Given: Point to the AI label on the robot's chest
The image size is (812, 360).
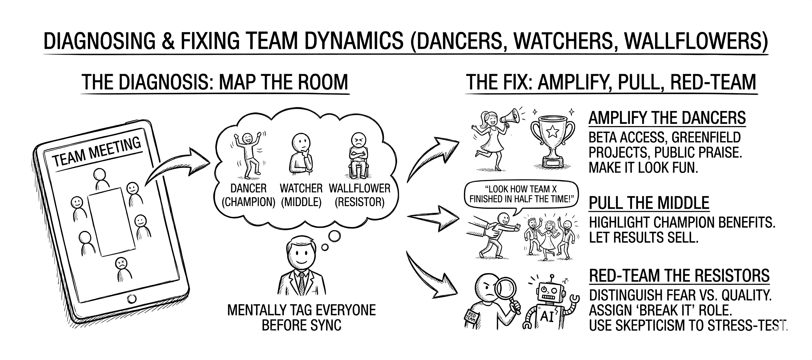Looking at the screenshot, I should pyautogui.click(x=547, y=317).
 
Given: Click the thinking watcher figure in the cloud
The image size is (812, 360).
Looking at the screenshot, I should pyautogui.click(x=301, y=153).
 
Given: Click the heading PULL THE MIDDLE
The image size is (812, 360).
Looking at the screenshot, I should pyautogui.click(x=649, y=203).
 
